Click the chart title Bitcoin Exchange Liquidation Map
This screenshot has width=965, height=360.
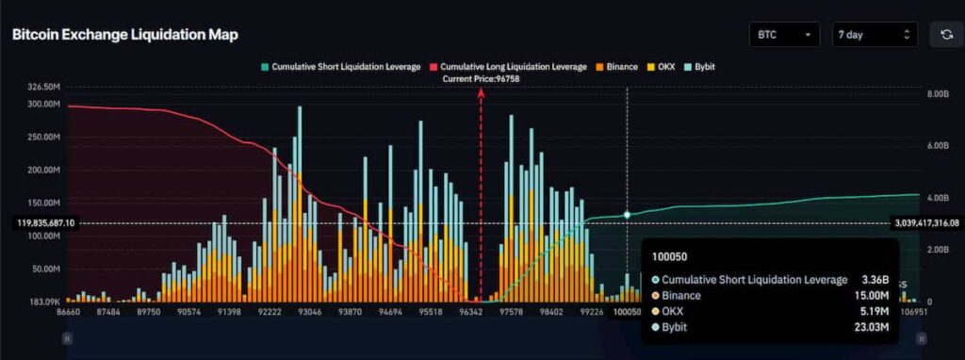pos(124,35)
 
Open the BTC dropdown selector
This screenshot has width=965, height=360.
pos(783,35)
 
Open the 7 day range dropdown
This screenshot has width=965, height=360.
pos(874,35)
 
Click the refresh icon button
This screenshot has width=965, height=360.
pos(945,35)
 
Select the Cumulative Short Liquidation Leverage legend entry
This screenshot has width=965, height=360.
pos(340,67)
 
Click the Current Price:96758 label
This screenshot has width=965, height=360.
pos(481,79)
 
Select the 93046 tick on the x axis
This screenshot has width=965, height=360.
pos(310,310)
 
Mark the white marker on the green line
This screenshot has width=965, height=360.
pos(627,215)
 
